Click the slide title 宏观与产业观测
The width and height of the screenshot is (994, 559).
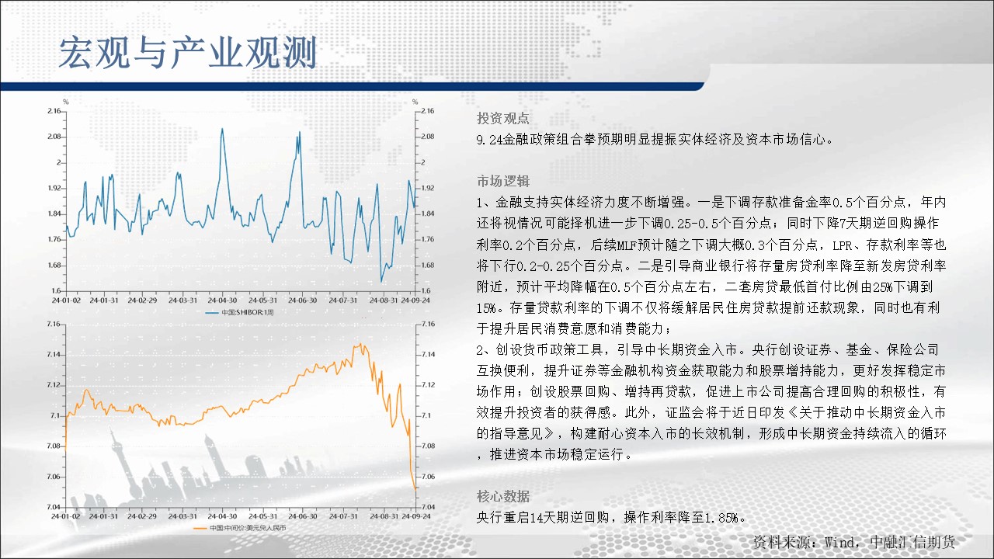click(188, 53)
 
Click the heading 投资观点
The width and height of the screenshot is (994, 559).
click(502, 118)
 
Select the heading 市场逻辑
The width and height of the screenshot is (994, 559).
click(502, 181)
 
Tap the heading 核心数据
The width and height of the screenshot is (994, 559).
click(502, 496)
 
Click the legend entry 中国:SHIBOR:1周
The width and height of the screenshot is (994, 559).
click(240, 312)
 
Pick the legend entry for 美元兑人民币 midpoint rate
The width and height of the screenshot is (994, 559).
click(240, 528)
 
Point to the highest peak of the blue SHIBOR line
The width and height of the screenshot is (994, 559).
click(222, 129)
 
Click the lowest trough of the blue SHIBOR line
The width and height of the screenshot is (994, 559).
click(381, 281)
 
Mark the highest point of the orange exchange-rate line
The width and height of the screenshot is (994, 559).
click(361, 344)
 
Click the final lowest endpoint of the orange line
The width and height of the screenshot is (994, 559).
click(415, 490)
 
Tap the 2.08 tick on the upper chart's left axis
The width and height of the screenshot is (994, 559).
click(54, 136)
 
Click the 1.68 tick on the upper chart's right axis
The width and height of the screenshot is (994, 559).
click(428, 266)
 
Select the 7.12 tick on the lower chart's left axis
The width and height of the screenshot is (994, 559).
click(54, 384)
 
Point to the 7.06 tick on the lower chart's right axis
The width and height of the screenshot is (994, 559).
click(428, 477)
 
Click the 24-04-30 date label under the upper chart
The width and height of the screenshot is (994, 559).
click(222, 300)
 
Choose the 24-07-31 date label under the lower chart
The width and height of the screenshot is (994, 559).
click(343, 516)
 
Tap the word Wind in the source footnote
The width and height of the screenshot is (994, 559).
click(839, 542)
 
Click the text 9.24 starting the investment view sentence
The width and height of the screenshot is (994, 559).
click(489, 140)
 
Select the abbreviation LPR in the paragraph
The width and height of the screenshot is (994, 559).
click(842, 245)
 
